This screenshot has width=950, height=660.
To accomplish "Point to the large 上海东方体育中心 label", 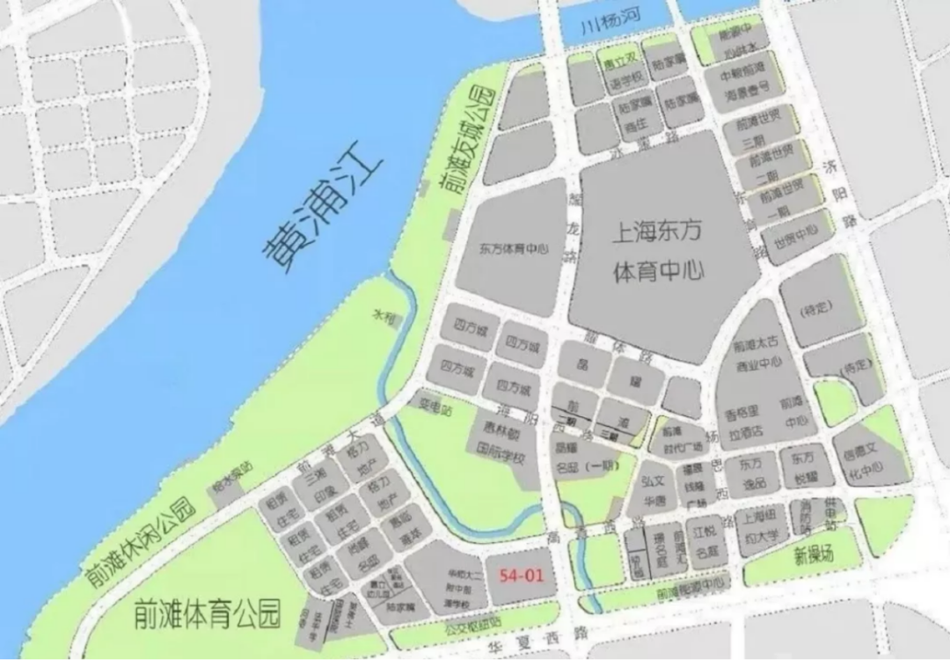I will [x=659, y=252].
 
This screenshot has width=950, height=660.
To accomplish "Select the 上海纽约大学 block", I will [x=762, y=526].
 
